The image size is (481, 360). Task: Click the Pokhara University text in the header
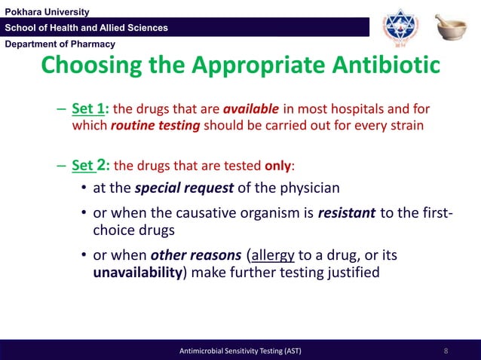47,11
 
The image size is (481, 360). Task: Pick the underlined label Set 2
90,165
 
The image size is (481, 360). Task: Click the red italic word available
251,108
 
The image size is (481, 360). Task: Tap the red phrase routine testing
155,126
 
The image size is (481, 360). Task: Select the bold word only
277,166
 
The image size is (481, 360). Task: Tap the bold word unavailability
138,273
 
